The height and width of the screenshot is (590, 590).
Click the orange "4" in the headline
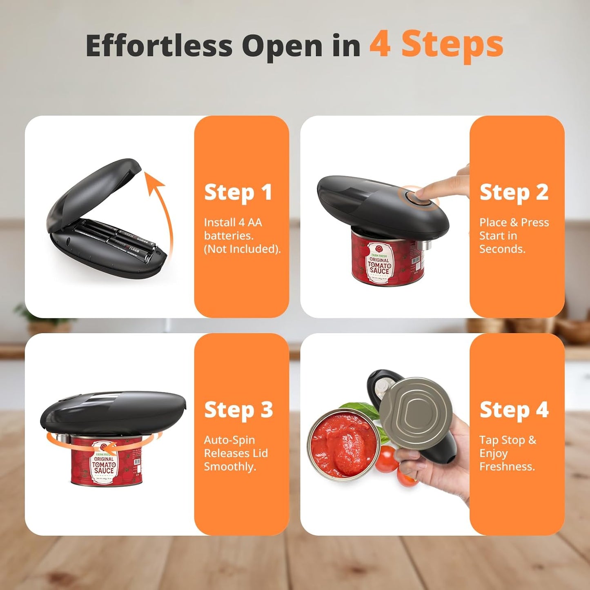point(380,45)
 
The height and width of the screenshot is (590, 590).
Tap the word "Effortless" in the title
point(159,46)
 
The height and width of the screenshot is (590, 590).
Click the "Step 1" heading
point(238,192)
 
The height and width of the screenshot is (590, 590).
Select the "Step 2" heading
point(514,192)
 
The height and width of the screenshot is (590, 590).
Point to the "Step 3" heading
point(238,410)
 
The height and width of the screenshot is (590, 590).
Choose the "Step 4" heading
point(514,410)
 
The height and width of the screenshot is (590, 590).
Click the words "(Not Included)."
point(242,249)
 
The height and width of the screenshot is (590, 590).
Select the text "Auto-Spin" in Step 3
point(229,440)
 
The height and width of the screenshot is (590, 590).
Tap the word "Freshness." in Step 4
point(507,467)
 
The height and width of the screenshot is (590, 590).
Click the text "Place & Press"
point(514,223)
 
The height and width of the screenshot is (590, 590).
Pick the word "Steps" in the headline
point(452,45)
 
